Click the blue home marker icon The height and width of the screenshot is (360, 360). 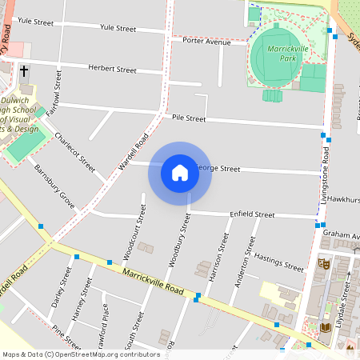click(x=180, y=173)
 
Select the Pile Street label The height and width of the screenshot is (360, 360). click(x=189, y=118)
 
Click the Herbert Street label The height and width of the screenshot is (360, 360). click(x=113, y=70)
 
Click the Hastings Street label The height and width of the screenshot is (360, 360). click(x=278, y=263)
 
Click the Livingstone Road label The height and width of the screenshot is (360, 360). click(x=326, y=173)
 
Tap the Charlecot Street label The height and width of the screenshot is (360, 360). click(x=75, y=152)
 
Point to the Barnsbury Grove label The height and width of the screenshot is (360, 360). click(x=54, y=187)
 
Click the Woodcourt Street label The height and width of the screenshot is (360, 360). click(x=134, y=231)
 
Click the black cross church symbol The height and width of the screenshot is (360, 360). click(x=24, y=71)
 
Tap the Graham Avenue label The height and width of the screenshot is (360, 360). click(x=342, y=234)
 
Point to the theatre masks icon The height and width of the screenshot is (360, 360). click(x=324, y=262)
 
